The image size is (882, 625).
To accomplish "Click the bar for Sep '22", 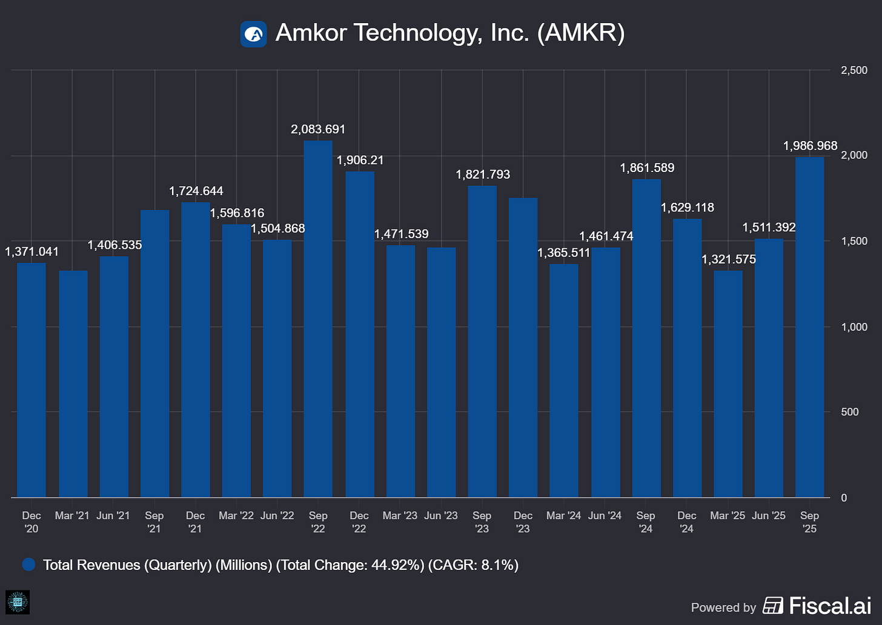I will click(x=318, y=319).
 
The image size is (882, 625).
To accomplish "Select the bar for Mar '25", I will click(x=728, y=384).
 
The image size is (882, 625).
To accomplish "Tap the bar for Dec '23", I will click(x=523, y=348).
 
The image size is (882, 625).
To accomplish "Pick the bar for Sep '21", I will click(x=154, y=354).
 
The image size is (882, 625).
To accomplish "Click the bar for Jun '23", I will click(x=441, y=372).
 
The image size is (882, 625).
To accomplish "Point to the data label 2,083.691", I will click(x=318, y=129).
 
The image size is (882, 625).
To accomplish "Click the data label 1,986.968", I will click(x=810, y=146).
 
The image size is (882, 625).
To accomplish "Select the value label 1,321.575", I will click(x=729, y=259).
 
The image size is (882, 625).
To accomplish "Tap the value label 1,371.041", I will click(x=32, y=251).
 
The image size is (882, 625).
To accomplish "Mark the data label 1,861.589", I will click(x=647, y=168).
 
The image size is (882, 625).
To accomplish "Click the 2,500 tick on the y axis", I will click(x=854, y=70).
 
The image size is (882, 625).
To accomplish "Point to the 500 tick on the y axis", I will click(x=849, y=412).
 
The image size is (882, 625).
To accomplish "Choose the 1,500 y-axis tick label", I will click(x=854, y=241).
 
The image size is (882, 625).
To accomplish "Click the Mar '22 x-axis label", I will click(x=236, y=515).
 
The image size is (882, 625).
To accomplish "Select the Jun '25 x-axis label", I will click(x=768, y=515).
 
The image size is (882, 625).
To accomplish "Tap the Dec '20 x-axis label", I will click(x=31, y=522).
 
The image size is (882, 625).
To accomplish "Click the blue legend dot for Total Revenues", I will click(x=28, y=564).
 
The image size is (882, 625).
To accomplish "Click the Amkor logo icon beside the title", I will click(x=253, y=34).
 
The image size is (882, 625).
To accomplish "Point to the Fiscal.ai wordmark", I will click(x=829, y=606).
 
